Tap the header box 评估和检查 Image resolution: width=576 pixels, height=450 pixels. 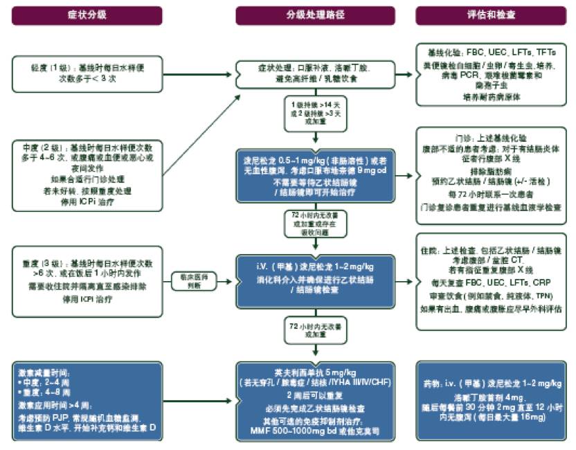click(x=495, y=15)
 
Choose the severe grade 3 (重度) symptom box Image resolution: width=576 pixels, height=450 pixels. click(x=87, y=280)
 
